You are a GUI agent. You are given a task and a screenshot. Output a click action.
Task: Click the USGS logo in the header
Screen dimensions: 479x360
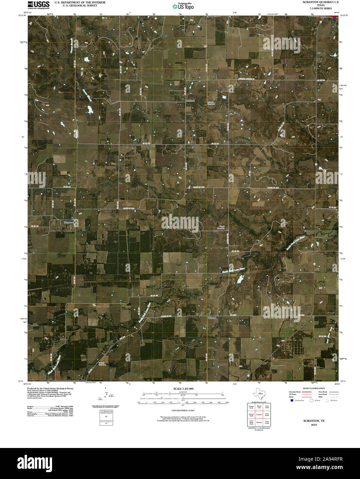pyautogui.click(x=38, y=4)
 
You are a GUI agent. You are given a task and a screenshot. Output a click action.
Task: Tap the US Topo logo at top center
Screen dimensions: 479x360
pyautogui.click(x=183, y=6)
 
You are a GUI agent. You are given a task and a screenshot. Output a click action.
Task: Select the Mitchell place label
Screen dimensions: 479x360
pyautogui.click(x=190, y=101)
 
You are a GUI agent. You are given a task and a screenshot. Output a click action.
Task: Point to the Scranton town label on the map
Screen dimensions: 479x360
pyautogui.click(x=69, y=223)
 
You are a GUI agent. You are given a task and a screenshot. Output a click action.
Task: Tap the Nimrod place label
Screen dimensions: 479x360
pyautogui.click(x=212, y=317)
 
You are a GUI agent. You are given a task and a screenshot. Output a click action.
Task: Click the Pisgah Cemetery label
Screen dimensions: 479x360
pyautogui.click(x=221, y=227)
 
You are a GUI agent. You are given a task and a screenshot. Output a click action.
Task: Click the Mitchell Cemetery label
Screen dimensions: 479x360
pyautogui.click(x=211, y=103)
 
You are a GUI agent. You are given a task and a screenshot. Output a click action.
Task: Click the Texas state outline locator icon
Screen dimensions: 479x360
pyautogui.click(x=259, y=393)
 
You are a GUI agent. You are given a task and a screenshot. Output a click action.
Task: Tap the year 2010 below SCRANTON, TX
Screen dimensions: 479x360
pyautogui.click(x=313, y=425)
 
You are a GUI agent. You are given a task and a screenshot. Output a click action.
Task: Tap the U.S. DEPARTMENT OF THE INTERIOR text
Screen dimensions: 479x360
pyautogui.click(x=80, y=2)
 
